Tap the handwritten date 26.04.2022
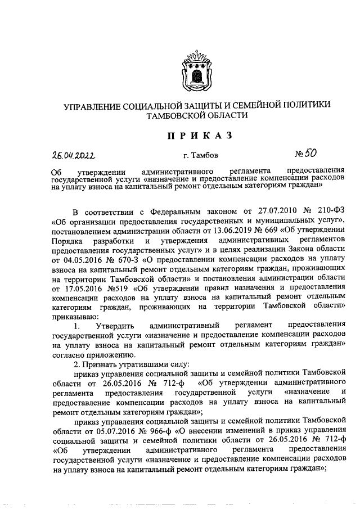[x=74, y=154]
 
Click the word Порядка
[x=67, y=241]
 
